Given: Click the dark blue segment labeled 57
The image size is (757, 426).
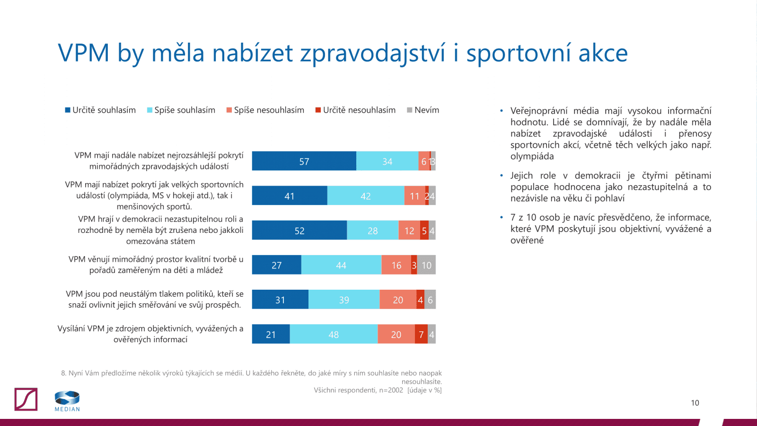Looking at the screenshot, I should pyautogui.click(x=304, y=161).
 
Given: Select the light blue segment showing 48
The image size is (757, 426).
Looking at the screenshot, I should pyautogui.click(x=334, y=334).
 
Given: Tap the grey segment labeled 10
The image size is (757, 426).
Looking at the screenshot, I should pyautogui.click(x=426, y=265).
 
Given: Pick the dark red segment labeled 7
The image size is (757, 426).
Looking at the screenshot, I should pyautogui.click(x=421, y=334).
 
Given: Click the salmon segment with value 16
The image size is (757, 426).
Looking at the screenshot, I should pyautogui.click(x=396, y=265).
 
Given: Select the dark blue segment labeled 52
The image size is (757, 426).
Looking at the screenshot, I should pyautogui.click(x=299, y=231).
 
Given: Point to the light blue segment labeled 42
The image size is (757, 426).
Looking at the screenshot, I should pyautogui.click(x=366, y=196).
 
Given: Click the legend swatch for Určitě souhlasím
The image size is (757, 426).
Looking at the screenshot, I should pyautogui.click(x=68, y=110).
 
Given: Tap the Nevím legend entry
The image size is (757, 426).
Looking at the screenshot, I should pyautogui.click(x=423, y=110).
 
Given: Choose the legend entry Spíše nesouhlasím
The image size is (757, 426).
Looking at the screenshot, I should pyautogui.click(x=265, y=110).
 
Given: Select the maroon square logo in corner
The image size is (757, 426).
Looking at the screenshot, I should pyautogui.click(x=26, y=399).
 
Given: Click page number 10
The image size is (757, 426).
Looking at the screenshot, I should pyautogui.click(x=695, y=403).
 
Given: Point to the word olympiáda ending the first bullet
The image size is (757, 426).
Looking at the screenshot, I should pyautogui.click(x=532, y=156).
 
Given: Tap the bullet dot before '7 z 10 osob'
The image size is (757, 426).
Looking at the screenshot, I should pyautogui.click(x=502, y=217).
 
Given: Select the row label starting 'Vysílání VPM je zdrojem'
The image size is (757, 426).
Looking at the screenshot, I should pyautogui.click(x=150, y=334).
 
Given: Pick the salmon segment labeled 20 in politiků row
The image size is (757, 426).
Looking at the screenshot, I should pyautogui.click(x=398, y=300).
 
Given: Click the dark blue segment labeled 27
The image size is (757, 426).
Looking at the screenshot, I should pyautogui.click(x=276, y=265).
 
